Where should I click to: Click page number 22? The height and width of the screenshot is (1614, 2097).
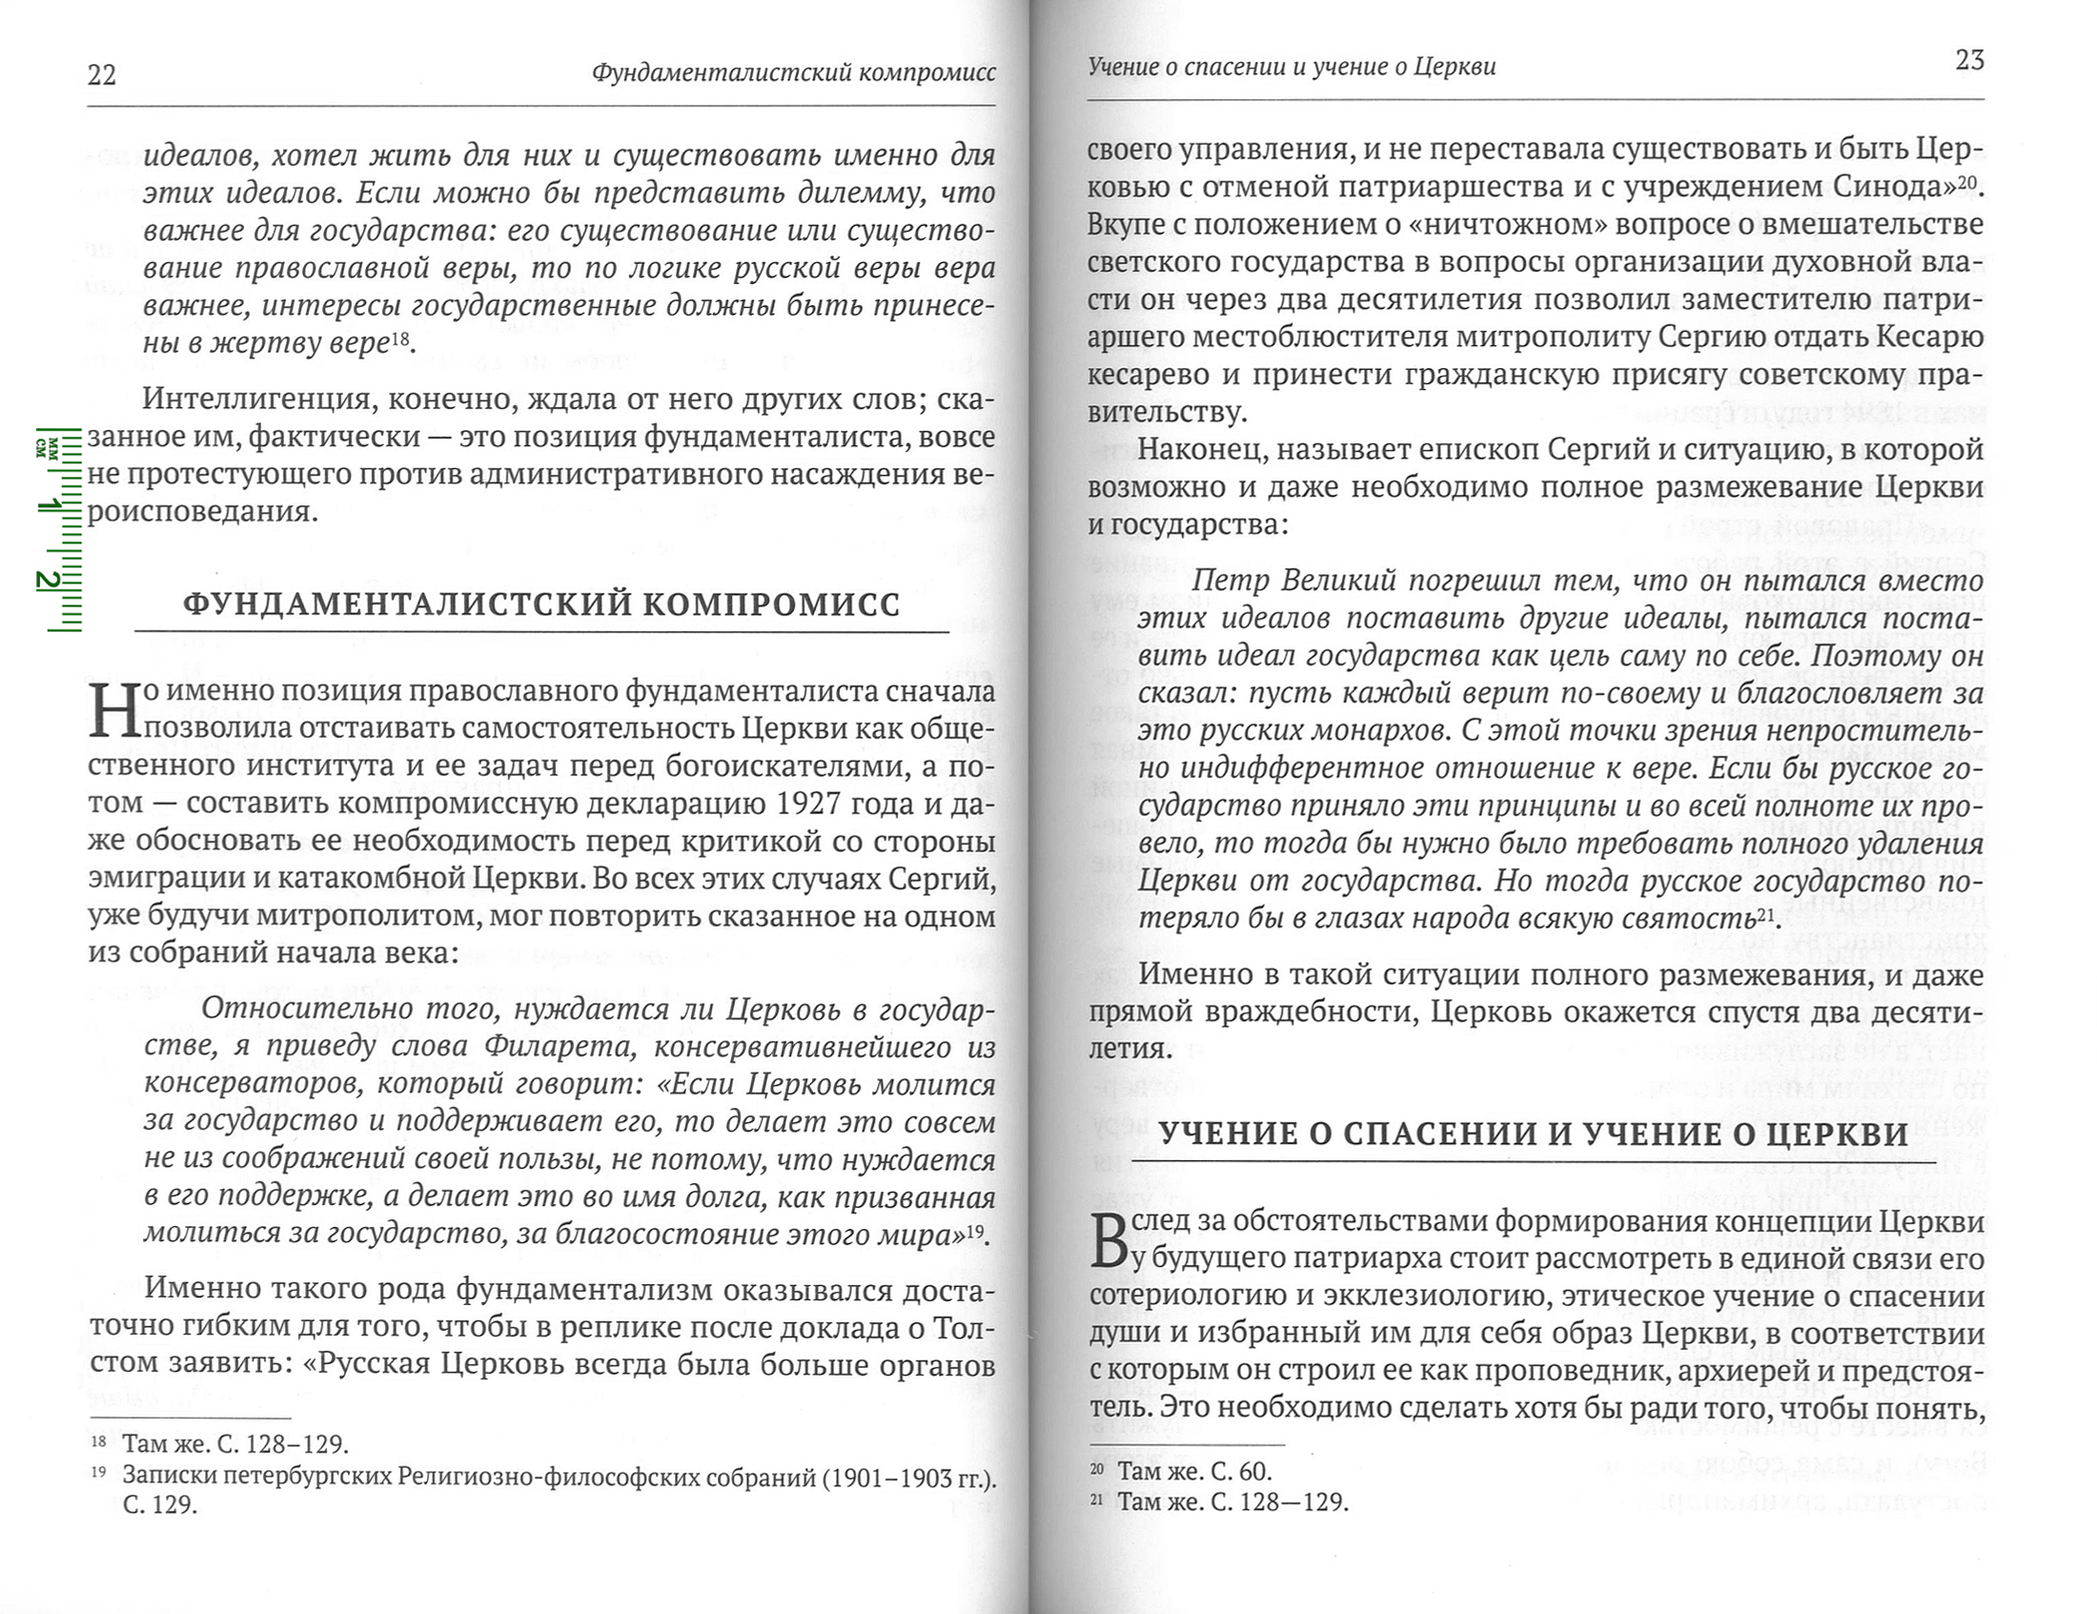click(102, 75)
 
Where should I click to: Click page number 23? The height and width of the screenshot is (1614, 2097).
click(1969, 61)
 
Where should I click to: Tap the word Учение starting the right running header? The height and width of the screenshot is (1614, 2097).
click(1120, 66)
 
